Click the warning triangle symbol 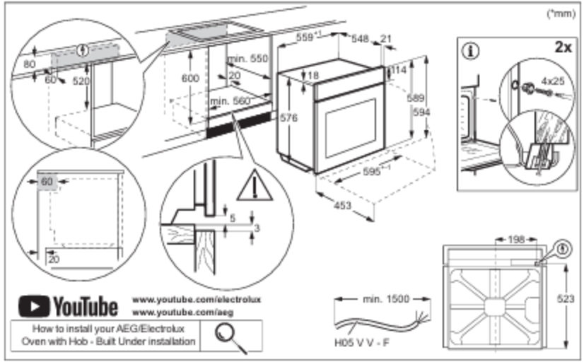250,187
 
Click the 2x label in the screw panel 562,47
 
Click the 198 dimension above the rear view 514,240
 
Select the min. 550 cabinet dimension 248,60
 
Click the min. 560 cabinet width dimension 230,102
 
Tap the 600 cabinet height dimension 190,79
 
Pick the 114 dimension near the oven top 398,71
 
